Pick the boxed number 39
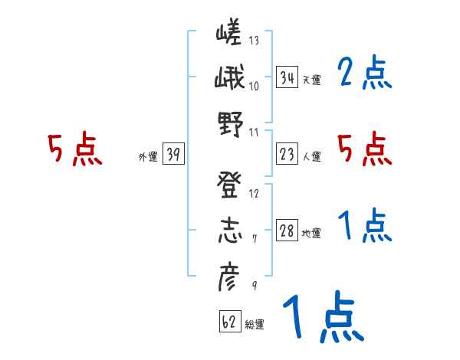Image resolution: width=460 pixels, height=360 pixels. tap(172, 155)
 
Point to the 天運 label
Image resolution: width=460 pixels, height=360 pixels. tap(311, 80)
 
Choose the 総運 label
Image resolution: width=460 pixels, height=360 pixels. tap(254, 324)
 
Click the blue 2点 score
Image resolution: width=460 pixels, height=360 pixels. tap(364, 74)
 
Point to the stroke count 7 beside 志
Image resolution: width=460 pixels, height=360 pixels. tap(254, 239)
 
